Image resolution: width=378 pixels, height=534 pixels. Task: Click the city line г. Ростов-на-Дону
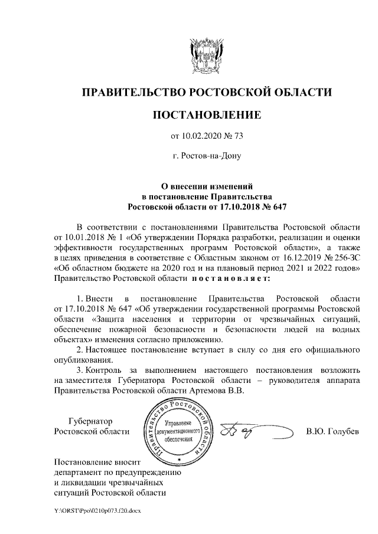pyautogui.click(x=207, y=156)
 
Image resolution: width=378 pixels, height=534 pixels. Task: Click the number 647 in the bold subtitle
pyautogui.click(x=277, y=207)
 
